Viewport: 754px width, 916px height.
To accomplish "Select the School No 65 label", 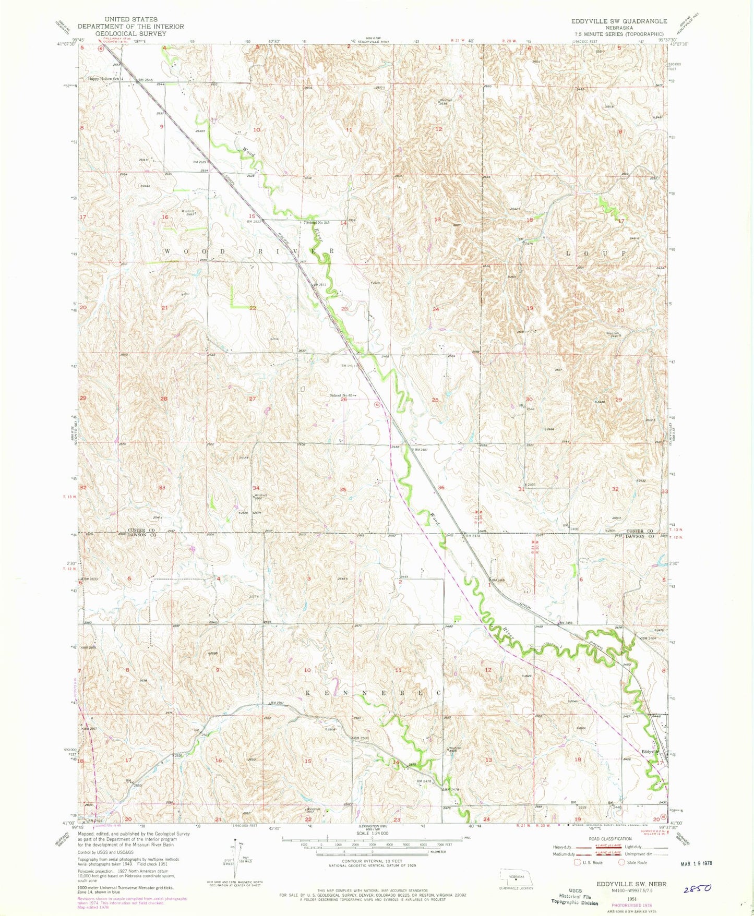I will point(342,395).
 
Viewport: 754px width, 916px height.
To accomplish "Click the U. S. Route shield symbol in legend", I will point(577,862).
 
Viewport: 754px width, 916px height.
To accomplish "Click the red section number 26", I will point(343,400).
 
